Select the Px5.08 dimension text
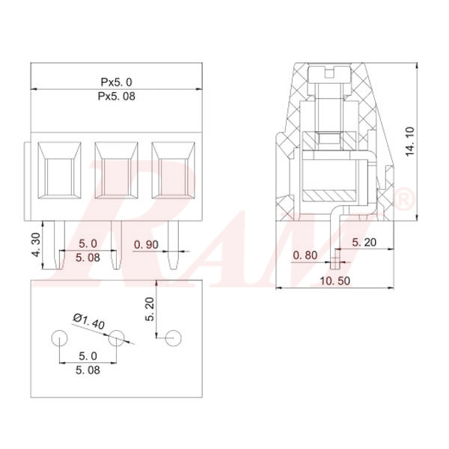click(117, 97)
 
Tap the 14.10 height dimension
click(410, 141)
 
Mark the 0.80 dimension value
click(306, 254)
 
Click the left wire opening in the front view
click(59, 171)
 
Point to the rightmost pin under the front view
click(174, 247)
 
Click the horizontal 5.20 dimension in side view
click(364, 242)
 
